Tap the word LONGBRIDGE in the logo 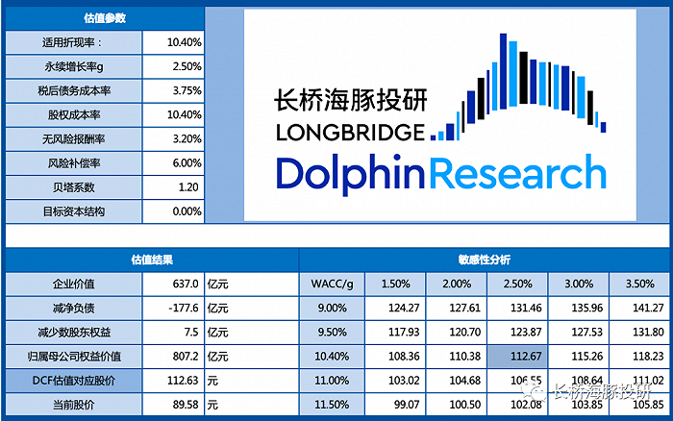click(x=349, y=132)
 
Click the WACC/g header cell click(x=333, y=284)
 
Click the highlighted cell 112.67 click(x=517, y=356)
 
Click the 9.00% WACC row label click(x=333, y=308)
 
